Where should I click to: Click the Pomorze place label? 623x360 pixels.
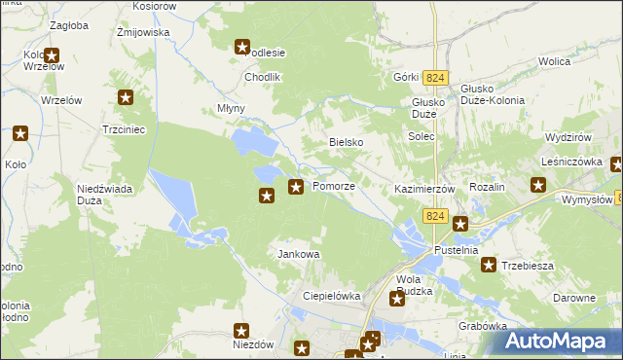pos(333,186)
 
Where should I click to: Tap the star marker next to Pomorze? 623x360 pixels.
pos(295,185)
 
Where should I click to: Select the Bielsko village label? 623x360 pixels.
pos(346,142)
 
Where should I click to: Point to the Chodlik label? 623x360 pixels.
pos(262,77)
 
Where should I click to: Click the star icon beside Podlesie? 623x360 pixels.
pos(243,46)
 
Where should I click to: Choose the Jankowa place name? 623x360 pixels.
pos(299,254)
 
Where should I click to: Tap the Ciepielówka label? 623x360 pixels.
pos(332,296)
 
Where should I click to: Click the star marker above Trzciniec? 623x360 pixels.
pos(126,96)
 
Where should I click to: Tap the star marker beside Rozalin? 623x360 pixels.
pos(537,185)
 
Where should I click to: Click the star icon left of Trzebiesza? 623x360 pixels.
pos(489,265)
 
